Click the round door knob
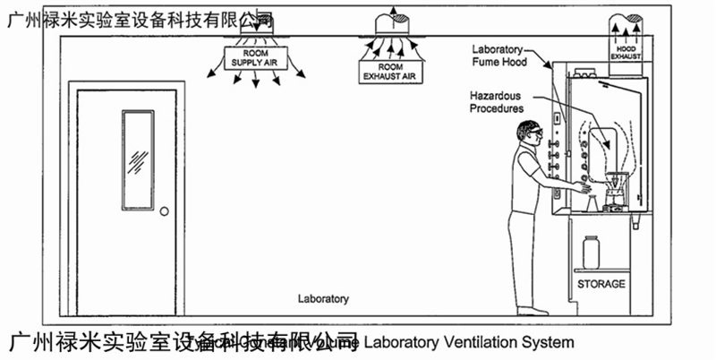tap(164, 211)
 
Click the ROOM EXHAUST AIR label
tap(390, 71)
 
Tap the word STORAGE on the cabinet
tap(601, 284)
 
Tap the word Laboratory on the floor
tap(324, 298)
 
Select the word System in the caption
tap(549, 342)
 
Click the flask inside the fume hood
tap(614, 188)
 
